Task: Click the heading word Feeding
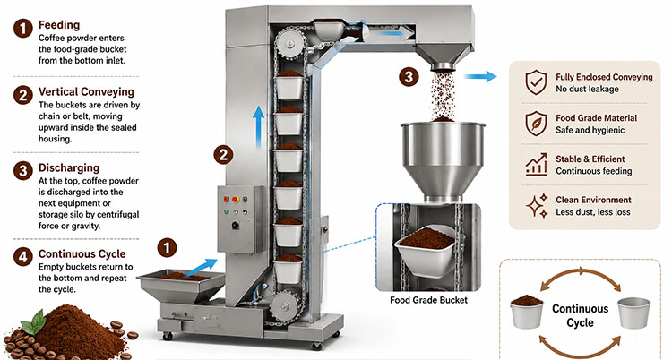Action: point(59,25)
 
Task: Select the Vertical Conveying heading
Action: point(86,91)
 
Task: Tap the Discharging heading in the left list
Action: point(69,167)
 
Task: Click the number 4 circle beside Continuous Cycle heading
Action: point(23,257)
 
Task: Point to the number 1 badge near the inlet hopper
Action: point(168,248)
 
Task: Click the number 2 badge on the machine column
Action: point(223,155)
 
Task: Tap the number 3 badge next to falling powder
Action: point(409,77)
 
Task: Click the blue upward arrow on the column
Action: point(258,127)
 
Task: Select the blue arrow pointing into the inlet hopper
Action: point(201,268)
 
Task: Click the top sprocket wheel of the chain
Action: point(290,43)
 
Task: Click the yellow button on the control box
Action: point(236,200)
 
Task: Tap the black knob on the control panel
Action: point(235,226)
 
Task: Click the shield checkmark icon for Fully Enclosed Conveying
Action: point(536,82)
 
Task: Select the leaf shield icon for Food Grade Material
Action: point(536,124)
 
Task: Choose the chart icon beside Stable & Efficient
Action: point(536,164)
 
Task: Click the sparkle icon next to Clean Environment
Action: point(537,205)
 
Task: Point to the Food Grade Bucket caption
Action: point(428,300)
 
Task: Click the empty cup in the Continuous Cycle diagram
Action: point(633,313)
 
